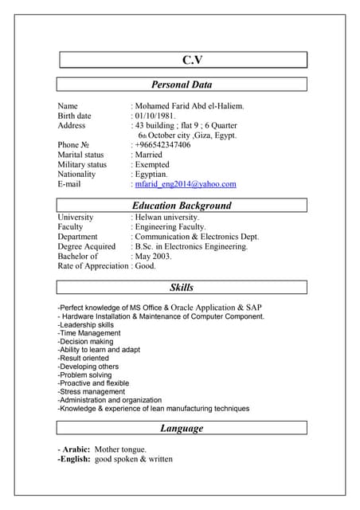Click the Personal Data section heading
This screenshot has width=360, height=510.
click(182, 84)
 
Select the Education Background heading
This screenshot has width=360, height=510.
click(182, 206)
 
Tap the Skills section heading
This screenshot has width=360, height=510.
click(182, 287)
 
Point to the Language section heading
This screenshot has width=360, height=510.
click(182, 429)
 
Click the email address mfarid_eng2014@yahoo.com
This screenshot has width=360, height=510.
click(186, 184)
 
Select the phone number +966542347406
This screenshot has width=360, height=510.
click(162, 145)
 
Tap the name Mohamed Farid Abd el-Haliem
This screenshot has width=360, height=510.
click(190, 106)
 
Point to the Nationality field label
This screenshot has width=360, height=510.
click(76, 175)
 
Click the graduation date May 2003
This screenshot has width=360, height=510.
click(155, 257)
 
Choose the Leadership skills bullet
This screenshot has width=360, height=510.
click(86, 325)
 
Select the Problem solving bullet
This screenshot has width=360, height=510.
click(84, 375)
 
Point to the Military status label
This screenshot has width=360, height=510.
click(82, 165)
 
